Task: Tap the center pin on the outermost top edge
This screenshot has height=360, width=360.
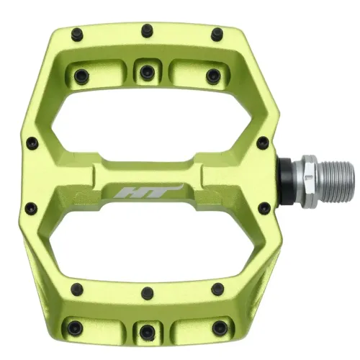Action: coord(147,30)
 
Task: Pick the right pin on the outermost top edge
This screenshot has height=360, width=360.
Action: coord(216,33)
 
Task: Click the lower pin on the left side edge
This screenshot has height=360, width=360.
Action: coord(31,209)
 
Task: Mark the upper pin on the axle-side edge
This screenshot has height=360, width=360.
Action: coord(264,143)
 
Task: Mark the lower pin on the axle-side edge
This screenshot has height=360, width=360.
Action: coord(264,208)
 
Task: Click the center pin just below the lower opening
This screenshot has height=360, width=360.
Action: coord(147,274)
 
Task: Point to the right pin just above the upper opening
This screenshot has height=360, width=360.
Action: coord(212,74)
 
